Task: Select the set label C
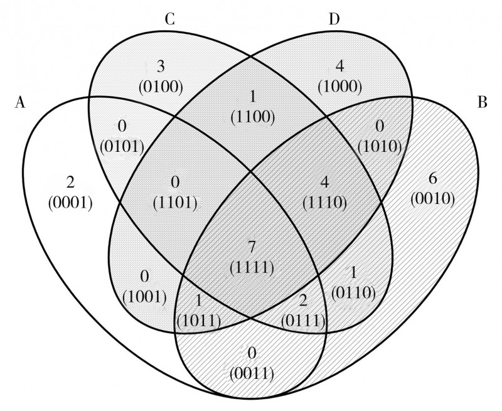point(169,19)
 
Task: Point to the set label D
point(334,19)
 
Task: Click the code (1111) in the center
point(251,267)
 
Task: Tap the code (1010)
point(378,148)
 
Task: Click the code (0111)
point(302,322)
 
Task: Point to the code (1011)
point(199,321)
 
